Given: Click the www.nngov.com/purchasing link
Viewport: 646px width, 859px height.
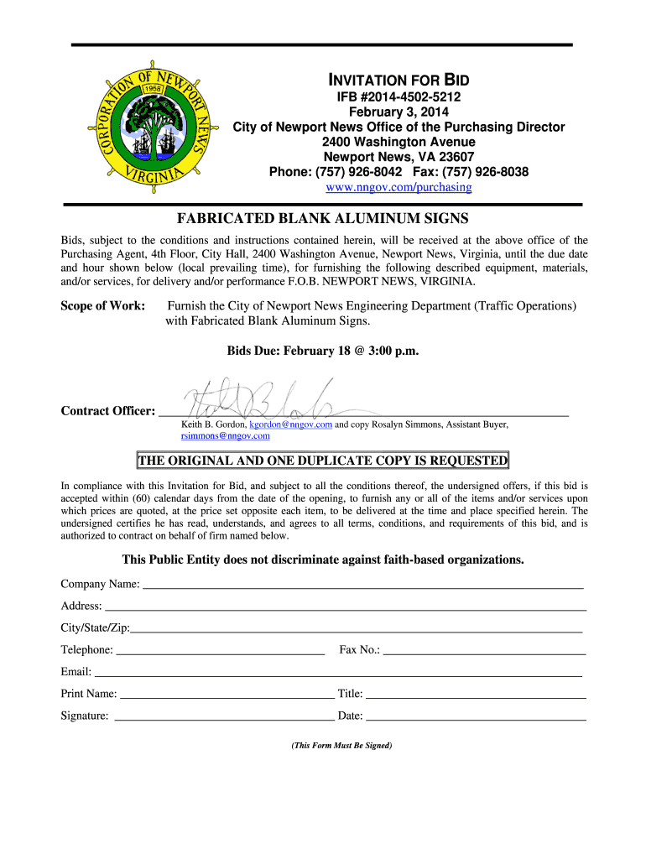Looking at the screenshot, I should point(399,188).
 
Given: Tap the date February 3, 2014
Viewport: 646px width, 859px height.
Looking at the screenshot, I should point(399,112).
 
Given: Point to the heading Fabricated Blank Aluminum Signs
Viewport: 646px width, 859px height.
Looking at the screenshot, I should point(322,219).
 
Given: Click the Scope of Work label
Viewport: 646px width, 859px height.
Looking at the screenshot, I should point(103,306).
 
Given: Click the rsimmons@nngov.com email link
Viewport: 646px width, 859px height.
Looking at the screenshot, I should point(226,436).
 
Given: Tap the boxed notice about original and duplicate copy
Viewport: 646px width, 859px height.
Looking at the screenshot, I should point(322,461).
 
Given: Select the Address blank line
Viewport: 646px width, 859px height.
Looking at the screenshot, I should point(344,608).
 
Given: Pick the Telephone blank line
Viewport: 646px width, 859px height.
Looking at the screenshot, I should point(220,652).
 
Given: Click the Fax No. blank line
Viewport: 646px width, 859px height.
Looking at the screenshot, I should point(484,652).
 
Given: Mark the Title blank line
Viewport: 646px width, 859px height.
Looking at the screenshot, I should point(476,696).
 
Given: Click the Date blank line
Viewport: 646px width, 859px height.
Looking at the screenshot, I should point(476,719).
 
